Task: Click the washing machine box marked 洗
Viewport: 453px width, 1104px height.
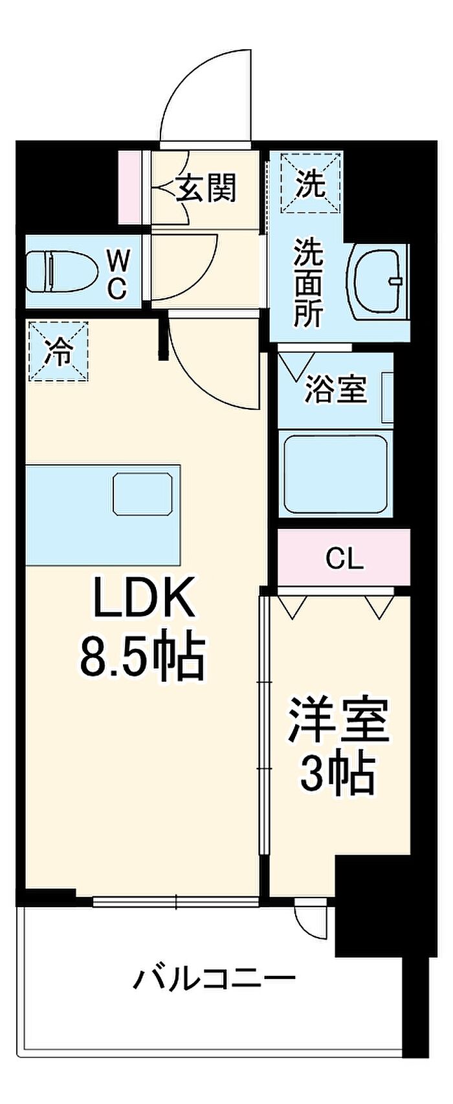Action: click(311, 184)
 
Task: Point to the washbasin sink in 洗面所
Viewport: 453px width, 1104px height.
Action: click(379, 281)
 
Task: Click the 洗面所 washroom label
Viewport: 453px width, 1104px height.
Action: click(309, 282)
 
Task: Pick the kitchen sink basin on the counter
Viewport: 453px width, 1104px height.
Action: click(143, 494)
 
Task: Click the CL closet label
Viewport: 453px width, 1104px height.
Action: click(344, 558)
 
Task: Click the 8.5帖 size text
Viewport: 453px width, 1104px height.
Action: click(142, 655)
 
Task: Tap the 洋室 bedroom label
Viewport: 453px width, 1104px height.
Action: click(338, 720)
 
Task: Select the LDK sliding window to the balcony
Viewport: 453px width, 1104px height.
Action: click(176, 901)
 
